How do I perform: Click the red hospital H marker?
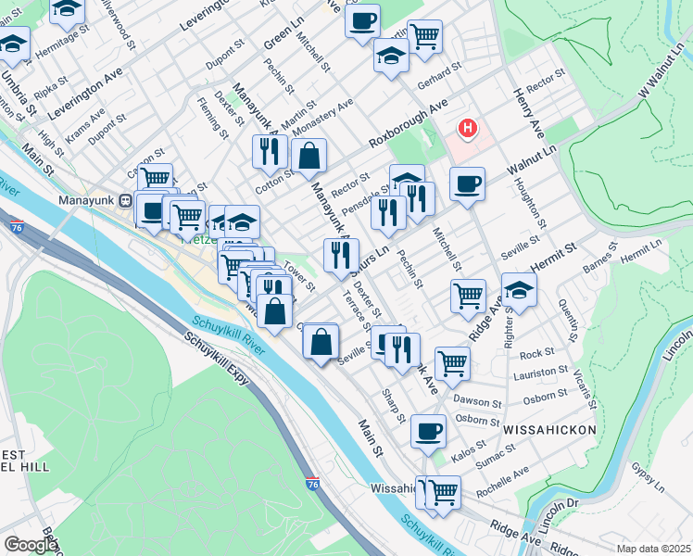[468, 127]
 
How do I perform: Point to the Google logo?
[31, 545]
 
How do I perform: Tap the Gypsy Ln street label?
[647, 477]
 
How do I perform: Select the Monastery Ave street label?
[322, 117]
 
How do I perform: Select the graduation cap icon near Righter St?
[519, 290]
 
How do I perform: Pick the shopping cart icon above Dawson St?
[451, 362]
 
